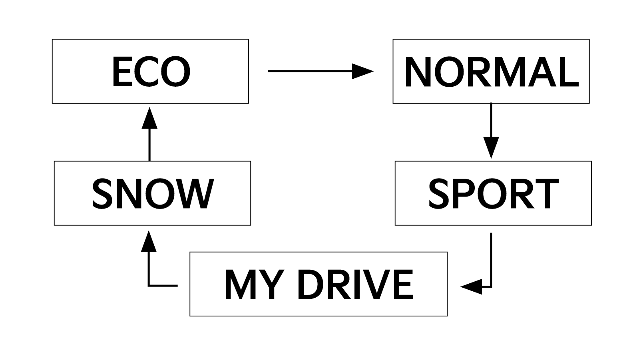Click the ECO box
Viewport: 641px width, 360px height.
click(150, 71)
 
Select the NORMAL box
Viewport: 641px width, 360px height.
click(491, 71)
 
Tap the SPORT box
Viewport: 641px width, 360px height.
click(493, 193)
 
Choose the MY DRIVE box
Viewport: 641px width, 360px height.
click(318, 284)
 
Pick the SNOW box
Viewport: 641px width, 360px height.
click(152, 193)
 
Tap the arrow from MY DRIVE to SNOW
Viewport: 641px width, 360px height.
click(149, 272)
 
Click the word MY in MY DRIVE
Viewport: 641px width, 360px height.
click(249, 284)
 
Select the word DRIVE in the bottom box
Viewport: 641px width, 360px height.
click(355, 284)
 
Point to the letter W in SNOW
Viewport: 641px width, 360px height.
click(196, 193)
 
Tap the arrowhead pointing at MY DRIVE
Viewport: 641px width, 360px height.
click(472, 286)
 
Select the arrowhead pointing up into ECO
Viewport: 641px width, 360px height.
click(149, 118)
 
